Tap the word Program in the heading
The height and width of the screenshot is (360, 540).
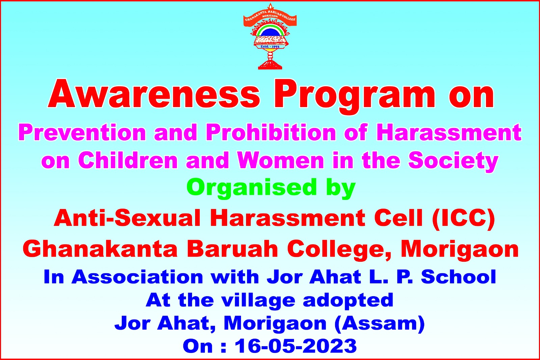tap(355, 97)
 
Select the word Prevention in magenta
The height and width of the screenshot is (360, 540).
tap(82, 132)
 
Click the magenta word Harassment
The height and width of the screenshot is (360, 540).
tap(449, 132)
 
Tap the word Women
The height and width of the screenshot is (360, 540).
tap(281, 160)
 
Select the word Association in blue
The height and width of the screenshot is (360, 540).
tap(137, 277)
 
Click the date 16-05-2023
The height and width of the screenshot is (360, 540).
tap(296, 346)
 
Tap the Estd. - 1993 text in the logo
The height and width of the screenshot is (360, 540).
tap(270, 46)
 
